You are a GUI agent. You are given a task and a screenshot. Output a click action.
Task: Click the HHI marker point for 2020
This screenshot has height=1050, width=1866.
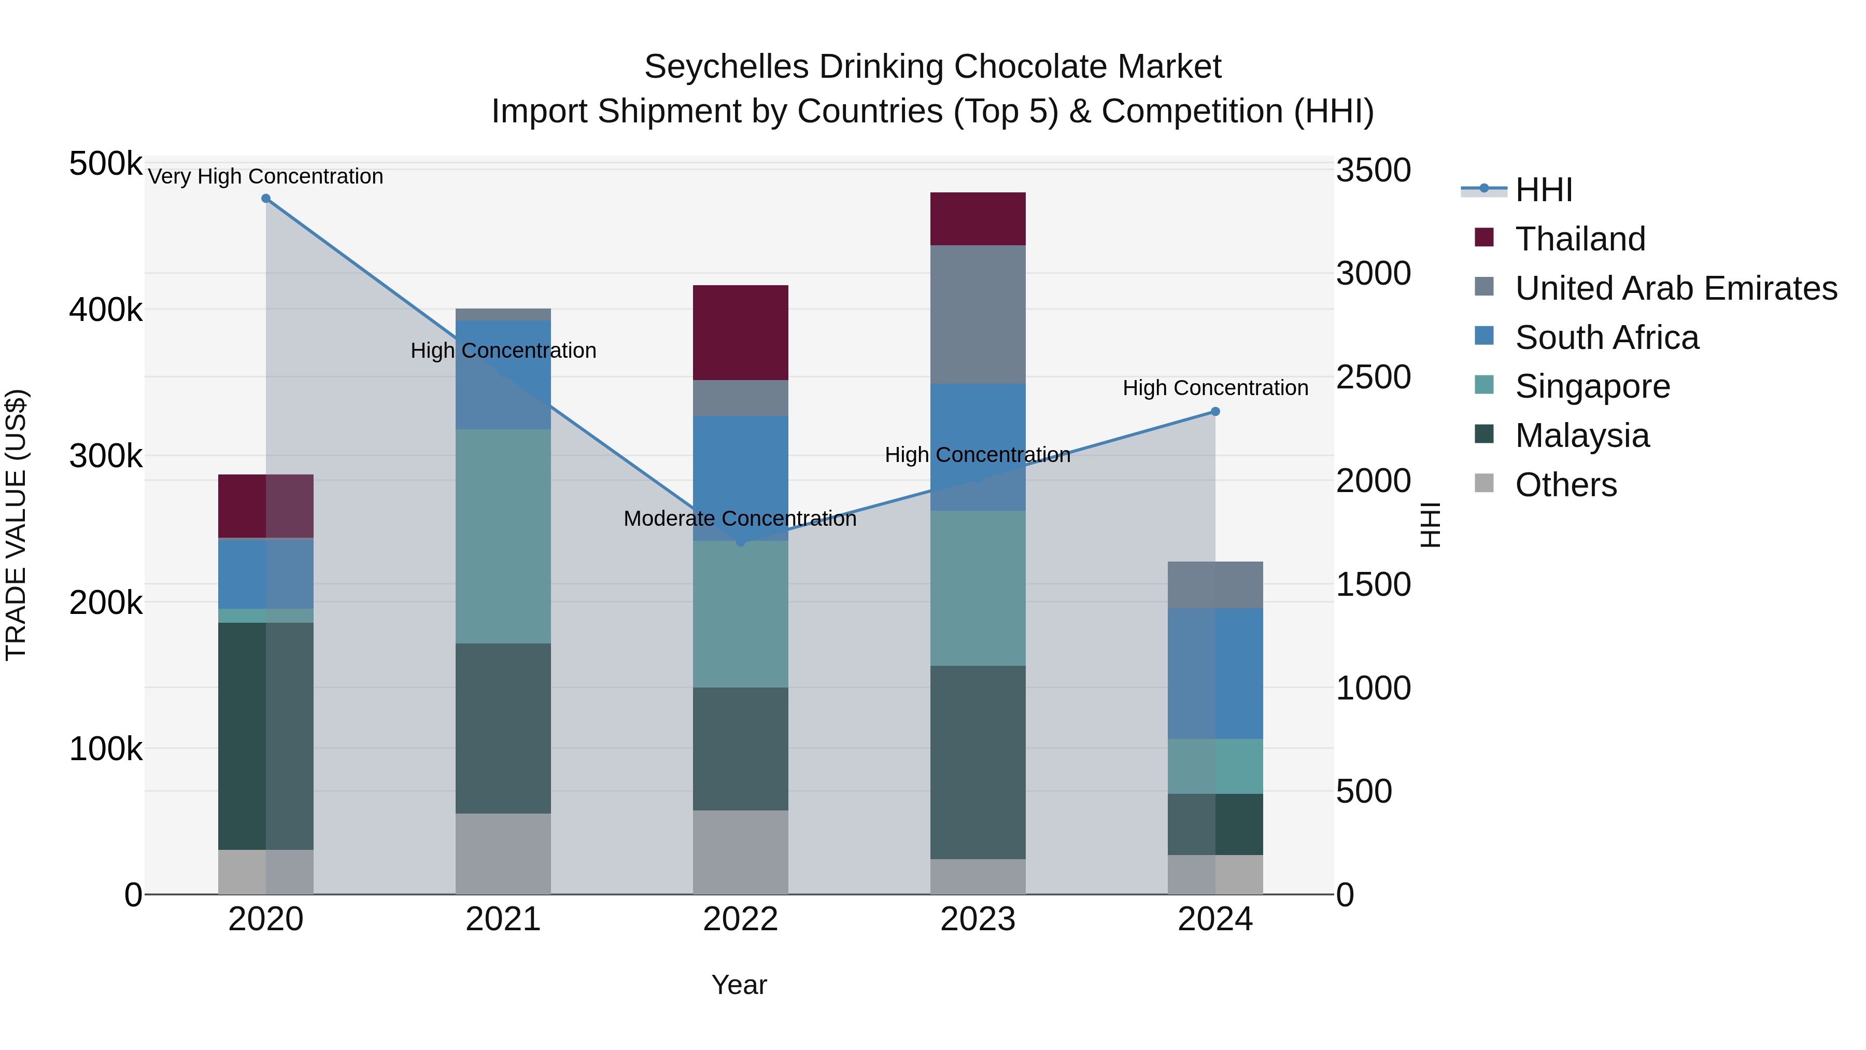click(x=266, y=199)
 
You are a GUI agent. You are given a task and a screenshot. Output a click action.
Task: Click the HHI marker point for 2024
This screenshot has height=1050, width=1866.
click(x=1215, y=412)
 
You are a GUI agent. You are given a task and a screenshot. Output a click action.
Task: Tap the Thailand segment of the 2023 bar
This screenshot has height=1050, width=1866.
click(x=978, y=219)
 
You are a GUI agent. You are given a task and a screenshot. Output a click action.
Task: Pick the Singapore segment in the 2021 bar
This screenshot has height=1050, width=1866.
click(x=503, y=536)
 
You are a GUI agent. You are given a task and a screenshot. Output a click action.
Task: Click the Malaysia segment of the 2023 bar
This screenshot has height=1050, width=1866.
click(x=978, y=762)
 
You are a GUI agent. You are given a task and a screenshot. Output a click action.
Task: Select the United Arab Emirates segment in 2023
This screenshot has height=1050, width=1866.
click(x=978, y=315)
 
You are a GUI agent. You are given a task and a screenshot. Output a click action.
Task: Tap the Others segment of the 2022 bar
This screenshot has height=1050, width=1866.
click(x=740, y=852)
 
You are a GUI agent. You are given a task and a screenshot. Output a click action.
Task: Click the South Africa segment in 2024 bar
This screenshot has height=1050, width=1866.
click(x=1215, y=674)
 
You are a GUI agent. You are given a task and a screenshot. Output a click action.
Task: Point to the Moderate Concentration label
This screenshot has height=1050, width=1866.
click(x=740, y=519)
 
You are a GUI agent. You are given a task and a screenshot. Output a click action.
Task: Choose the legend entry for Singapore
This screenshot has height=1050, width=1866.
click(x=1592, y=386)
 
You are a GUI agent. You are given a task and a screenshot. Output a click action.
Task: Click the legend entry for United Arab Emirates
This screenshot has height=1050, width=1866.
click(x=1675, y=288)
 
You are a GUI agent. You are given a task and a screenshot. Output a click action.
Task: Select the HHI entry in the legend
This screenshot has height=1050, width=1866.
click(x=1543, y=190)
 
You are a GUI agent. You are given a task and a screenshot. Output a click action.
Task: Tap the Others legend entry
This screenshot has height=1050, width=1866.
click(x=1565, y=485)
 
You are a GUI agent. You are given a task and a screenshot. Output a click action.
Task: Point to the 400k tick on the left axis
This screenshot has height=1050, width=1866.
click(x=106, y=310)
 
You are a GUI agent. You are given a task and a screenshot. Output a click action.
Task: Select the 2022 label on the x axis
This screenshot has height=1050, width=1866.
click(x=740, y=919)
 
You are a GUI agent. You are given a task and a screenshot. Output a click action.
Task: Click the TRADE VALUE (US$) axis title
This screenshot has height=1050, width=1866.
click(x=16, y=525)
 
